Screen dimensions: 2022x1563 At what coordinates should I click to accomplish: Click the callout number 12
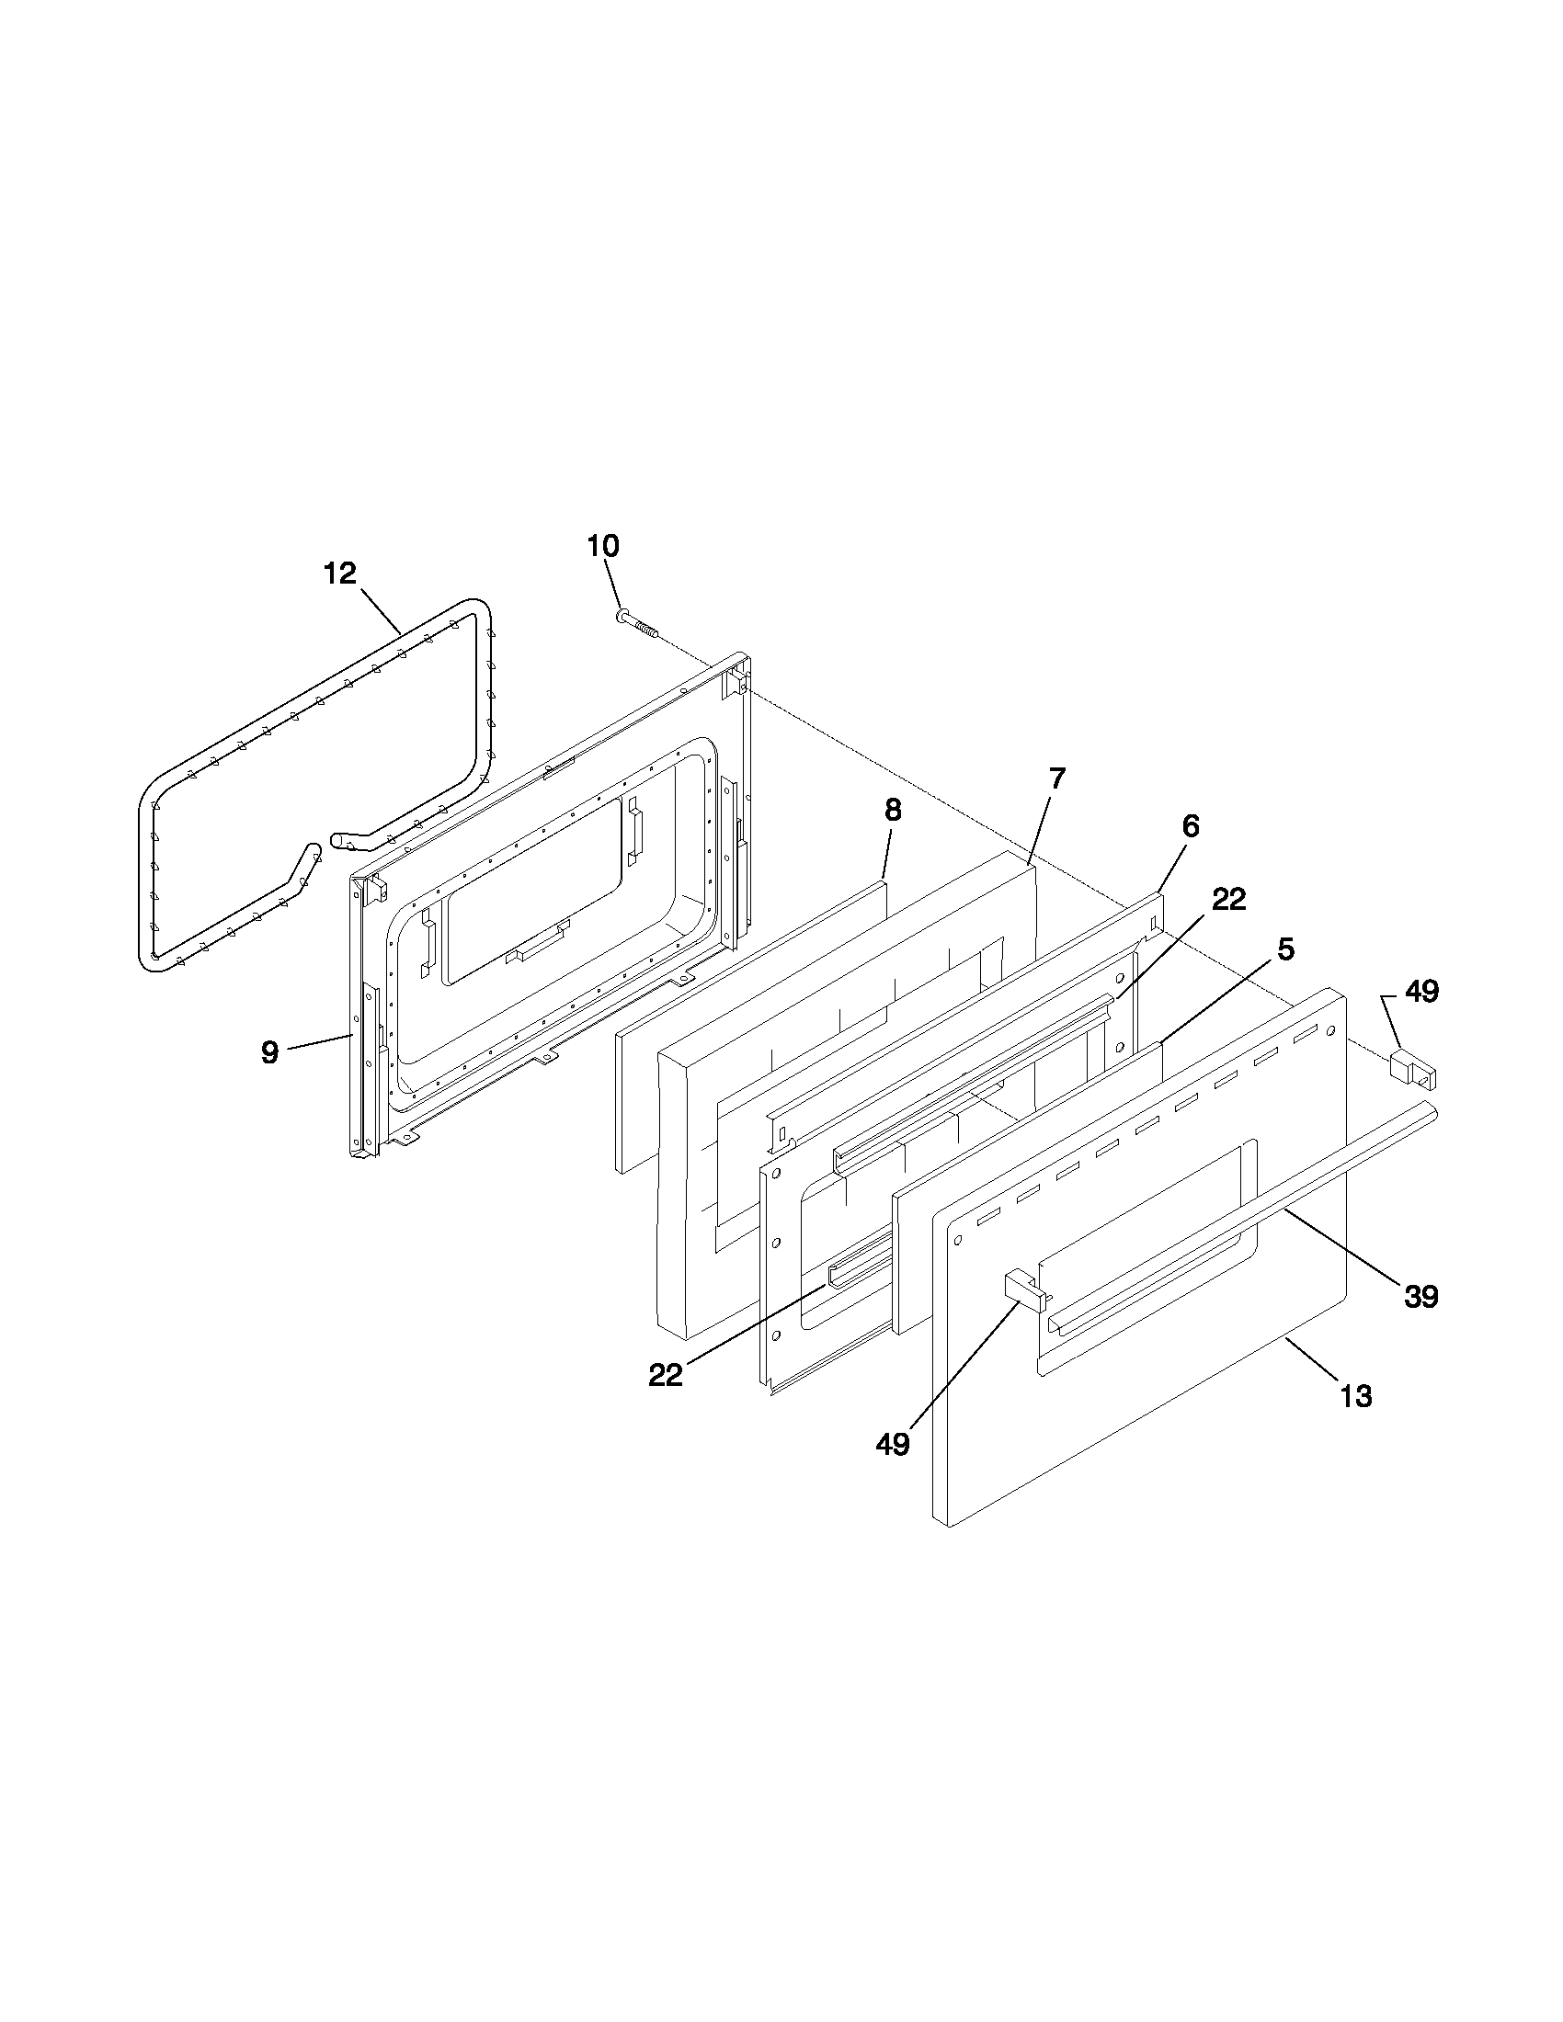pyautogui.click(x=340, y=574)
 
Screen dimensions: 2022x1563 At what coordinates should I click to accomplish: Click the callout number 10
pyautogui.click(x=603, y=545)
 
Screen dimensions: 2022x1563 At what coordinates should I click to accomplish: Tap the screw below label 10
pyautogui.click(x=636, y=625)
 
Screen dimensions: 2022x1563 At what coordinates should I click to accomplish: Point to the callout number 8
pyautogui.click(x=892, y=810)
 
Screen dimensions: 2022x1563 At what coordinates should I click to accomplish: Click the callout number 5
pyautogui.click(x=1286, y=949)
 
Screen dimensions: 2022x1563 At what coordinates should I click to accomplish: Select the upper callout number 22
pyautogui.click(x=1229, y=899)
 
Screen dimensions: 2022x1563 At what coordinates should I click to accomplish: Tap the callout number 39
pyautogui.click(x=1421, y=1296)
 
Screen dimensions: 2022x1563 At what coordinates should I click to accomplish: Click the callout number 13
pyautogui.click(x=1356, y=1395)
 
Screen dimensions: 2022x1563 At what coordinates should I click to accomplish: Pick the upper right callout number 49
pyautogui.click(x=1422, y=992)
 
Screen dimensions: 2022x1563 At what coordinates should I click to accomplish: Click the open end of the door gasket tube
pyautogui.click(x=337, y=842)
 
